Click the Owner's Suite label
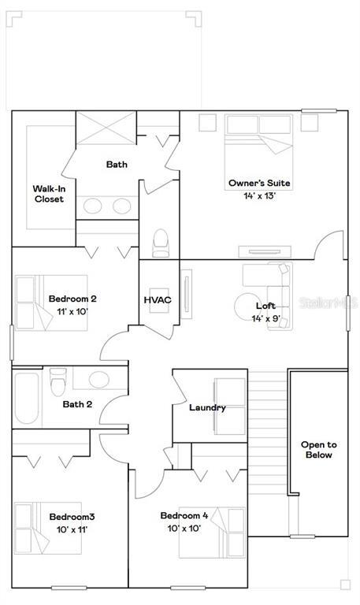coord(259,183)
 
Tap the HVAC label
coord(158,300)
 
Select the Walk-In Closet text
coord(49,194)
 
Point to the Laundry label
coord(207,407)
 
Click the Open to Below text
coord(319,450)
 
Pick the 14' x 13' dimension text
coord(260,195)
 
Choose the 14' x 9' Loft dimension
coord(265,319)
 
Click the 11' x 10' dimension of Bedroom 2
coord(73,311)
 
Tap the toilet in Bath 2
coord(58,382)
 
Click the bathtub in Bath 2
coord(27,398)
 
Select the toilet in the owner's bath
coord(161,243)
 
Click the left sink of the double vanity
coord(93,206)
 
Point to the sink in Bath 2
coord(99,380)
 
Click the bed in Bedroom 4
coord(212,533)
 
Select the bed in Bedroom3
coord(48,528)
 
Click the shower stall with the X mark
coord(106,128)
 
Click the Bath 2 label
coord(77,404)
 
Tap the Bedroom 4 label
coord(184,515)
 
